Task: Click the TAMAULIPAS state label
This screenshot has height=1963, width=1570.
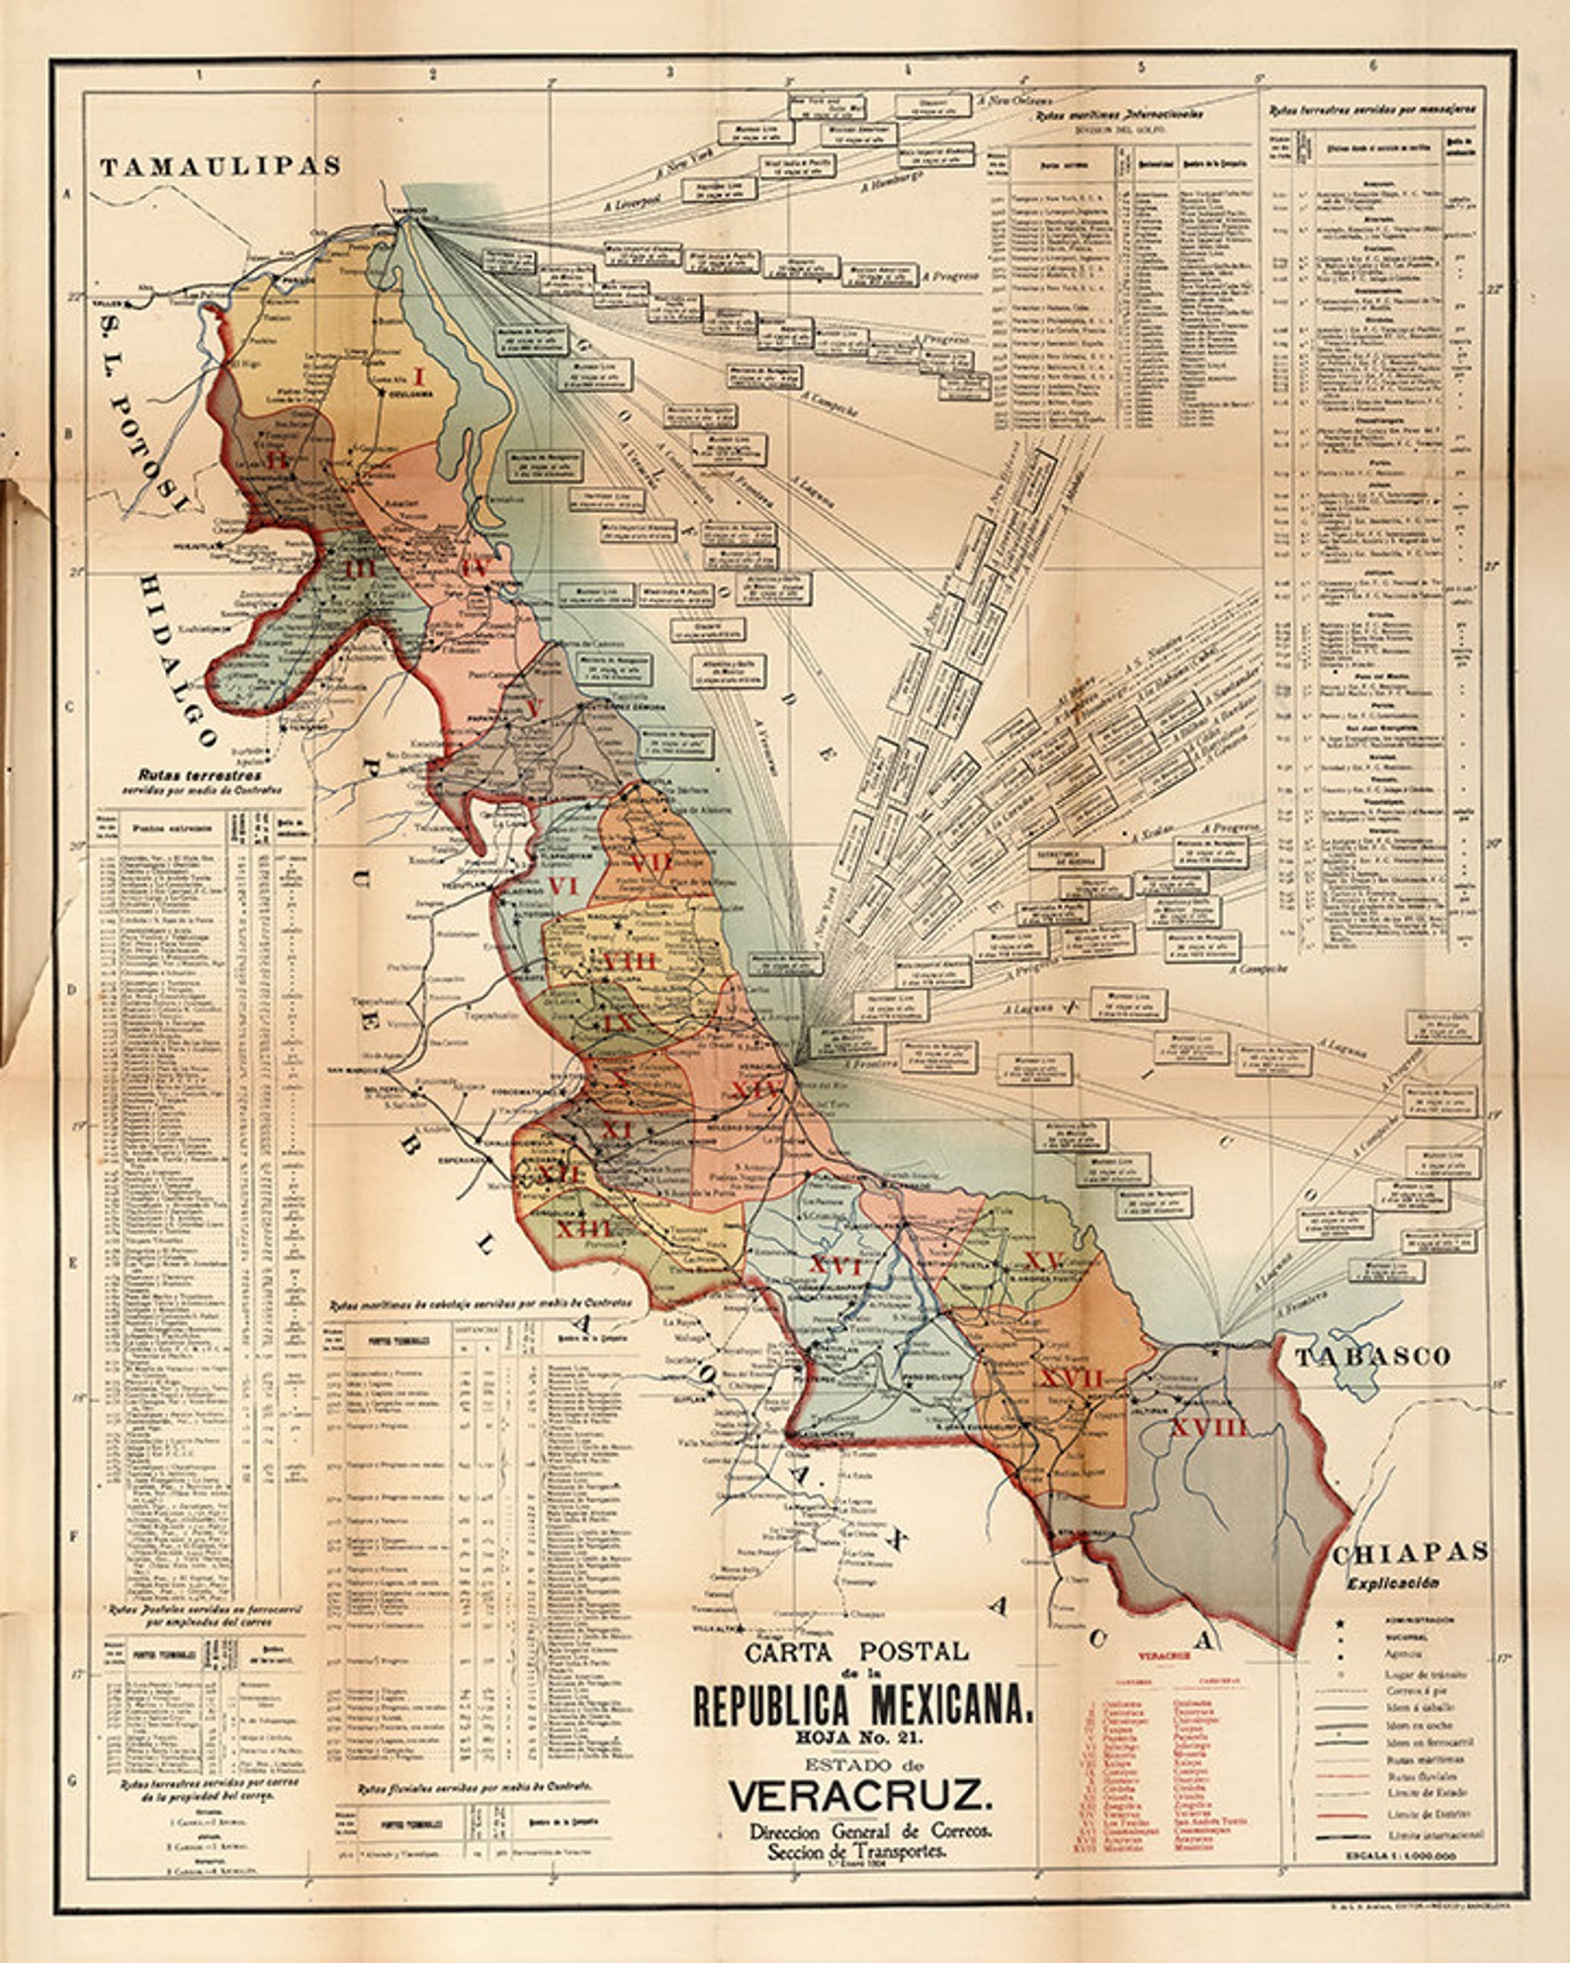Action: (220, 166)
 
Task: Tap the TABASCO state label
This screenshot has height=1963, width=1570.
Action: (1372, 1356)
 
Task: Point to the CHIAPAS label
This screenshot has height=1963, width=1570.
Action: (1410, 1552)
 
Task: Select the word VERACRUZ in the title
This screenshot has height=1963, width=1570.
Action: (856, 1793)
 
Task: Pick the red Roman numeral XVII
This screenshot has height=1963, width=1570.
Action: (1070, 1380)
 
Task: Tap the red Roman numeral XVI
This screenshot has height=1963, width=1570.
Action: (836, 1267)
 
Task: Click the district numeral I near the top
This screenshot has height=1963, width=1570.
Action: (418, 377)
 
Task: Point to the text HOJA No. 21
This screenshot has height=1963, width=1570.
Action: (857, 1733)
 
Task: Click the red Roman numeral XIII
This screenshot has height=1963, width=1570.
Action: (583, 1229)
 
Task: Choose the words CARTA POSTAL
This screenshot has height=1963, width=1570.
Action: (856, 1651)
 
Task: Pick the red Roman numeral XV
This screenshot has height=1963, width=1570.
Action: (1043, 1261)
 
